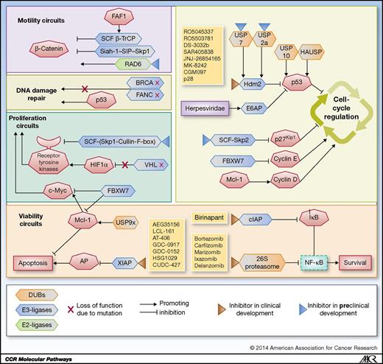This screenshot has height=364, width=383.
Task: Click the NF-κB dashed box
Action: (x=315, y=261)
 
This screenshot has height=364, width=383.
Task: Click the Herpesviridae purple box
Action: (x=209, y=108)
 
